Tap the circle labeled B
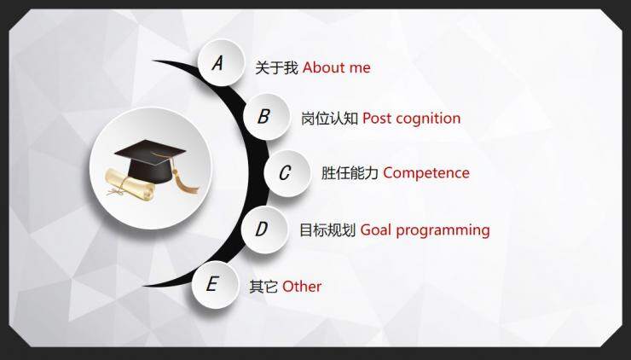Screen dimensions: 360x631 [x=264, y=116]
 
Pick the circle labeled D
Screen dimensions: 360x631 [x=263, y=229]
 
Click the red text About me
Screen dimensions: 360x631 [x=336, y=67]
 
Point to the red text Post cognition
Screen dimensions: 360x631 [x=411, y=119]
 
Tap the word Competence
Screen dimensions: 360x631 [x=426, y=173]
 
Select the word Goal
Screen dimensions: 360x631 [x=376, y=229]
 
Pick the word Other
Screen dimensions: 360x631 [x=302, y=287]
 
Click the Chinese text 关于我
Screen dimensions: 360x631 [x=276, y=67]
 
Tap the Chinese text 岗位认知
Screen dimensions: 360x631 [x=329, y=119]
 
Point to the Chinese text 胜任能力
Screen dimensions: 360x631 [x=350, y=173]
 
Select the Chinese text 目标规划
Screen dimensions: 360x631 [x=327, y=229]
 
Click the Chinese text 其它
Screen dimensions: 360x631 [x=263, y=287]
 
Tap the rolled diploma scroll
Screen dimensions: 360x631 [x=129, y=182]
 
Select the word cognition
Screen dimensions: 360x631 [x=427, y=119]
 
